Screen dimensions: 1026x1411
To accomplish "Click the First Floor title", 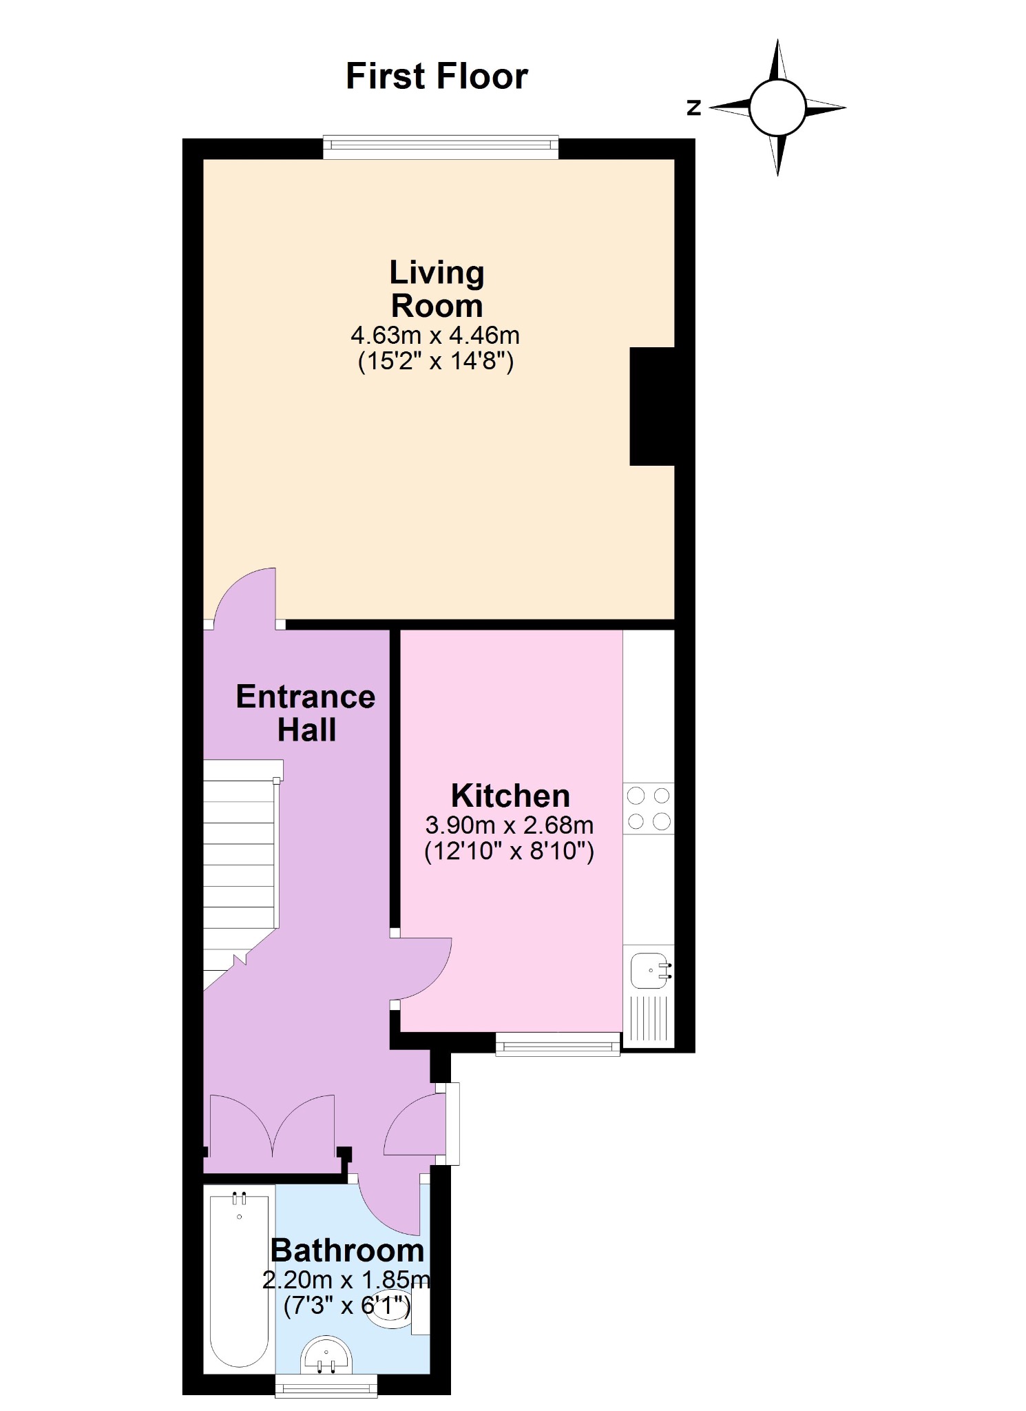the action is click(x=437, y=76).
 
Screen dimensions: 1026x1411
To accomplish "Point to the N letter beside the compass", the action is click(x=694, y=107).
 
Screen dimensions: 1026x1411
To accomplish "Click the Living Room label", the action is click(x=437, y=289).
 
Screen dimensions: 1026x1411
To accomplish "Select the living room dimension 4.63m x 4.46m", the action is click(x=435, y=336).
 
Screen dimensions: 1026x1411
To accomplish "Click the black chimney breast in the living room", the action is click(x=652, y=406).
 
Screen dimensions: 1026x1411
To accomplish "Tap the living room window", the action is click(x=441, y=147).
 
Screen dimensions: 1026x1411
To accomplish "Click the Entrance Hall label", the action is click(x=306, y=713).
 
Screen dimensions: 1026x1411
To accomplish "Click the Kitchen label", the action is click(x=510, y=796).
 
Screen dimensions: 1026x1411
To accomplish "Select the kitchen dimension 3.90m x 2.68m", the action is click(x=510, y=825).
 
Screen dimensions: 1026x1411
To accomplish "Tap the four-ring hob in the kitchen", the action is click(x=649, y=809).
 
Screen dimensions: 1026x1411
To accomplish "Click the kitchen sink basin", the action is click(x=649, y=971).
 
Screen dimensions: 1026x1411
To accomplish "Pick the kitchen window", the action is click(x=558, y=1044).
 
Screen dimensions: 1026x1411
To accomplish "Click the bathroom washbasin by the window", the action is click(x=326, y=1356).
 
